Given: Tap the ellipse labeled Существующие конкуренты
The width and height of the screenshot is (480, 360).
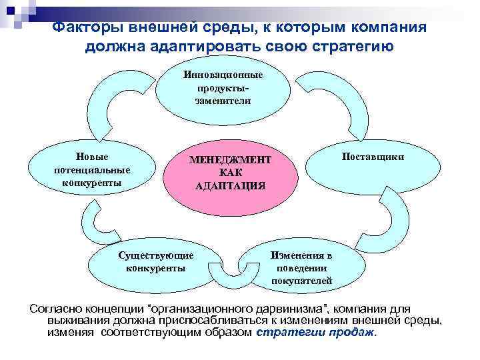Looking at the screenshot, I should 155,262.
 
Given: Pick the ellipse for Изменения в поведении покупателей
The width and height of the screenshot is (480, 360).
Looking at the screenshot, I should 301,267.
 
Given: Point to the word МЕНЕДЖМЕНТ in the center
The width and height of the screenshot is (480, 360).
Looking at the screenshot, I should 230,161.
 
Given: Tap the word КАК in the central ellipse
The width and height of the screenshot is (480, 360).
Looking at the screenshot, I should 230,173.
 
